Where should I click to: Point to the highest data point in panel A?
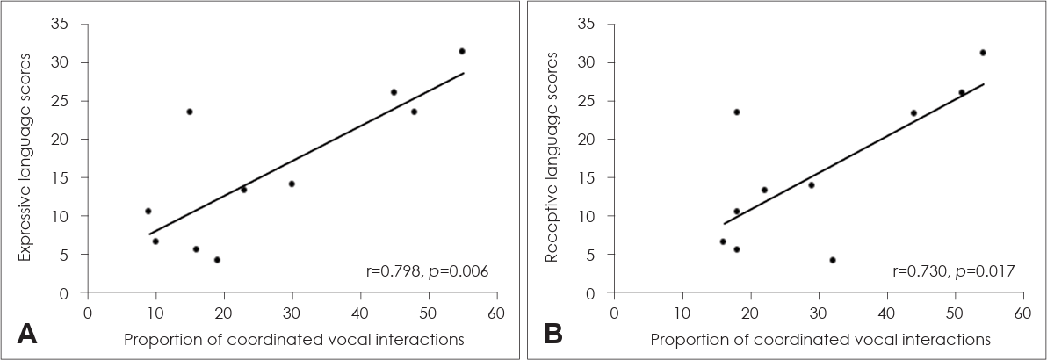(x=461, y=51)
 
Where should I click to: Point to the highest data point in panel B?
(x=982, y=53)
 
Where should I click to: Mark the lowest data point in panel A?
(x=217, y=260)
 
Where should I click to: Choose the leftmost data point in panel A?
(x=148, y=211)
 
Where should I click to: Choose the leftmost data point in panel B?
(x=723, y=241)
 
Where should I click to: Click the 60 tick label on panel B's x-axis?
(x=1022, y=312)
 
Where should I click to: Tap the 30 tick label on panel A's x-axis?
(x=292, y=312)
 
